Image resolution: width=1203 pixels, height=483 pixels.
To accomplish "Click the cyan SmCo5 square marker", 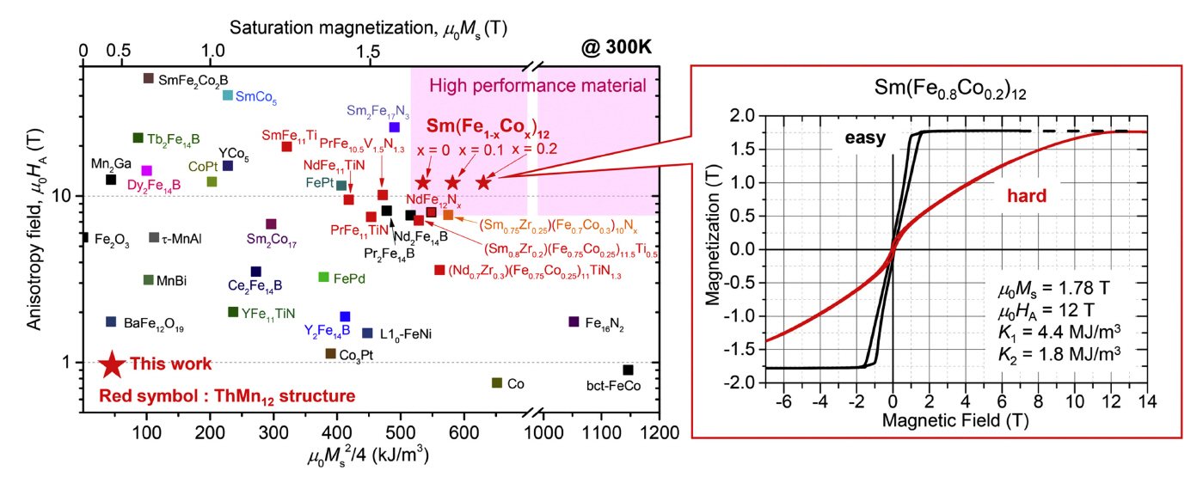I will point(228,95).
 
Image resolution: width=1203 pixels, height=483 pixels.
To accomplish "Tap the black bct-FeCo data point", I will point(628,370).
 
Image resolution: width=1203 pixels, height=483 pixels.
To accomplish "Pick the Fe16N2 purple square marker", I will point(574,321).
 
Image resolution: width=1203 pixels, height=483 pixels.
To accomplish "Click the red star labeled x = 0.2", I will point(483,182).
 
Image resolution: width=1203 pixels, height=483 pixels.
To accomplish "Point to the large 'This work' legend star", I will point(111,364).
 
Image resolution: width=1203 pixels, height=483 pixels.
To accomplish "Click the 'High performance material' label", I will point(537,85).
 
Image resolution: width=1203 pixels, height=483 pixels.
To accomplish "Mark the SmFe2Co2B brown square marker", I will point(148,78).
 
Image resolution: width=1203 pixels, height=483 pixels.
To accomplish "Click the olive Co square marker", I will point(497,382).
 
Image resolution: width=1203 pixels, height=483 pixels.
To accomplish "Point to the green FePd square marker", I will point(324,277).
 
